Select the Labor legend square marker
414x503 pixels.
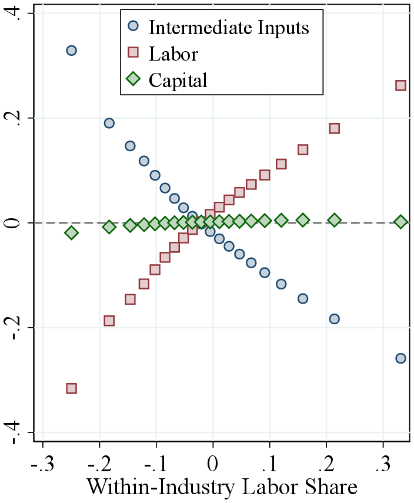pyautogui.click(x=133, y=53)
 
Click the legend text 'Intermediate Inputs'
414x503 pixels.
pyautogui.click(x=229, y=27)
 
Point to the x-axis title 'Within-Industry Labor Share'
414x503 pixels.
pyautogui.click(x=222, y=487)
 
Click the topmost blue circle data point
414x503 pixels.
pyautogui.click(x=71, y=51)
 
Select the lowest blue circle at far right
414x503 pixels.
pyautogui.click(x=400, y=358)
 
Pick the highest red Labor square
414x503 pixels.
pyautogui.click(x=400, y=85)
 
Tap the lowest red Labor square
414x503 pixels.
pyautogui.click(x=71, y=388)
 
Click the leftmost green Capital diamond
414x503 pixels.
pyautogui.click(x=71, y=233)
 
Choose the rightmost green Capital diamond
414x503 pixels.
pyautogui.click(x=400, y=222)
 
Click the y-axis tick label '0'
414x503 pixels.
pyautogui.click(x=19, y=223)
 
